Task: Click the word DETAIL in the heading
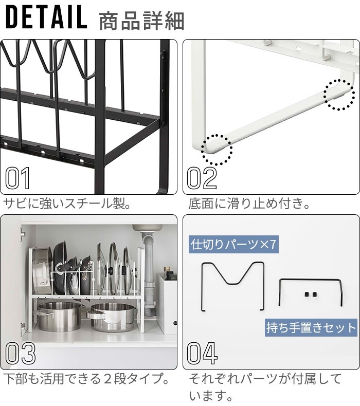(46, 17)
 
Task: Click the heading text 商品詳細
(141, 21)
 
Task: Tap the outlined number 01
(17, 178)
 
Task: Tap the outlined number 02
(202, 178)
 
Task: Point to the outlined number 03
(21, 353)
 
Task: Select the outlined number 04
(202, 353)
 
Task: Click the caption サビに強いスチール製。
(67, 204)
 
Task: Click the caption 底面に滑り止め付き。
(249, 204)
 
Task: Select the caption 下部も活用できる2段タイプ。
(87, 379)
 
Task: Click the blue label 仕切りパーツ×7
(233, 244)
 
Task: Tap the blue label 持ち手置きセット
(311, 327)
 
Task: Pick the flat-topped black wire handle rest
(311, 280)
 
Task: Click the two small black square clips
(310, 294)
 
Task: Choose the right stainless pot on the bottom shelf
(113, 318)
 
